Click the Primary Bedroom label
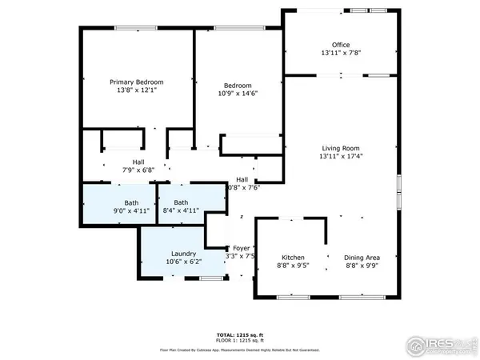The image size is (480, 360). [x=136, y=82]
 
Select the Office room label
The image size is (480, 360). [x=342, y=45]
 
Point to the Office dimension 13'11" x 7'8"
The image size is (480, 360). [x=342, y=54]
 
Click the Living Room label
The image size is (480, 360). [x=341, y=148]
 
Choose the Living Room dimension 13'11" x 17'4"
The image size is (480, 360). [x=341, y=158]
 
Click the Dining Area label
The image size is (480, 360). [x=362, y=257]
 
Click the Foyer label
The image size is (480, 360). [x=241, y=248]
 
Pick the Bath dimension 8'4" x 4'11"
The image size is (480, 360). [x=182, y=211]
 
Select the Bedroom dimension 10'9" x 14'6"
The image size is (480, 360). [x=238, y=94]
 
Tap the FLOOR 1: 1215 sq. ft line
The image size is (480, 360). [x=240, y=340]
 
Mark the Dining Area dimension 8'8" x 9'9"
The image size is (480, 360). [x=362, y=266]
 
